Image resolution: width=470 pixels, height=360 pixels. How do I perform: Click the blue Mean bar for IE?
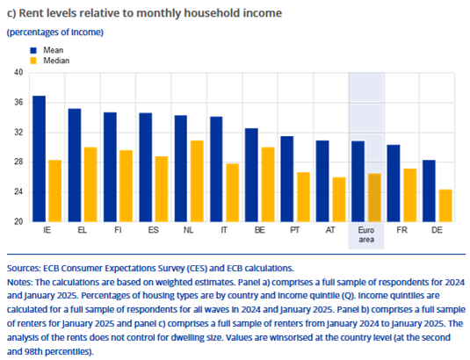[x=39, y=159]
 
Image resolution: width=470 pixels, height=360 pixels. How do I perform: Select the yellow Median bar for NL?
[x=197, y=181]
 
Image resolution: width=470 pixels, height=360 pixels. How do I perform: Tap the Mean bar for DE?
[x=429, y=191]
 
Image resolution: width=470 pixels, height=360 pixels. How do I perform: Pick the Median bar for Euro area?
[x=374, y=198]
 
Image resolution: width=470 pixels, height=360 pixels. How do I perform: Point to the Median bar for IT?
[x=233, y=193]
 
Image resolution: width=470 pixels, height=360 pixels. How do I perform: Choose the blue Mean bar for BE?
[x=251, y=176]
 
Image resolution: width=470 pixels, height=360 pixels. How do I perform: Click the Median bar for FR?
[x=410, y=195]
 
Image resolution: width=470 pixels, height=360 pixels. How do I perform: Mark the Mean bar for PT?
[x=287, y=179]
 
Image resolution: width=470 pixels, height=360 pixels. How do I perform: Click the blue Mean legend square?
[x=33, y=50]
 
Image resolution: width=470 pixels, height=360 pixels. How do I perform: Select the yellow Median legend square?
[x=33, y=61]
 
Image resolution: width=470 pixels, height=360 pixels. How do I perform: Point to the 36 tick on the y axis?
[x=18, y=103]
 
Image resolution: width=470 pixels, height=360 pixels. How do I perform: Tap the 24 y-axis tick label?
[x=18, y=191]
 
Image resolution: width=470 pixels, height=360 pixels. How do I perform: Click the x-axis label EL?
[x=82, y=230]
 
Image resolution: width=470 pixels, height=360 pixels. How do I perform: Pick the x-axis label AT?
[x=330, y=230]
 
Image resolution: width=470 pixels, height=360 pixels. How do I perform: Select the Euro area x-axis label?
[x=366, y=234]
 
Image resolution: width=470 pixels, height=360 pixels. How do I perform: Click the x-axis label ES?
[x=154, y=230]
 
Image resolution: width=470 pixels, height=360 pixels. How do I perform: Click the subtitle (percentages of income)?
[x=55, y=32]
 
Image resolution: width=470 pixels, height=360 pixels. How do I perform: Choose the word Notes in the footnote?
[x=19, y=282]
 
